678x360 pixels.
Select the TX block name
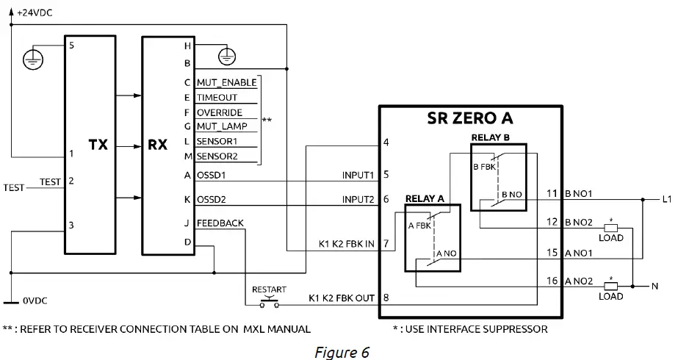click(98, 145)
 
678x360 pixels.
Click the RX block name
click(158, 145)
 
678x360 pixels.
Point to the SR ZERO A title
click(470, 118)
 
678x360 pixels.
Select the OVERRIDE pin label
click(219, 112)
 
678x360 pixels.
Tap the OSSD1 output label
click(211, 175)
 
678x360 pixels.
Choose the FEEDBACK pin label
click(220, 223)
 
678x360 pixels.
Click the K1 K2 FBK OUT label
click(342, 298)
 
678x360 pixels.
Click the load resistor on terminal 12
click(610, 227)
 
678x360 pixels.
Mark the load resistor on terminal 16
click(610, 285)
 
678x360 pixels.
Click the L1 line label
click(667, 199)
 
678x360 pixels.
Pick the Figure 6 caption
click(341, 352)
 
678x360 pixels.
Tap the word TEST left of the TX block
click(14, 187)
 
